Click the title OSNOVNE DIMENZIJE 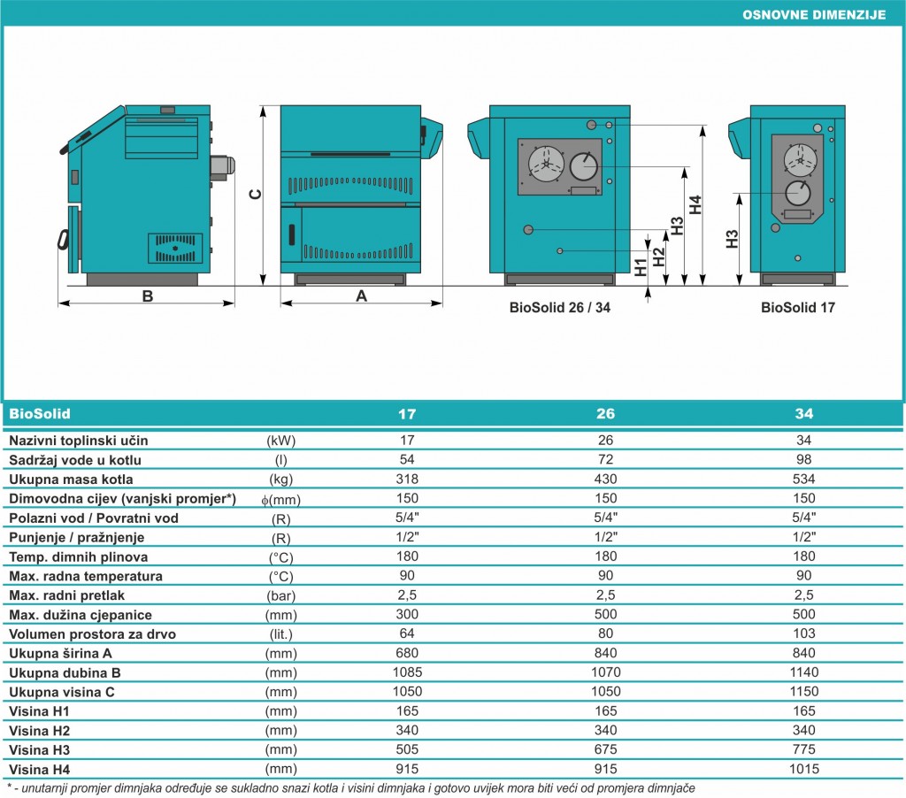pos(814,15)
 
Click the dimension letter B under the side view pos(148,295)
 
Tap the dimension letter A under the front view pos(362,295)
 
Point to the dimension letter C pos(255,195)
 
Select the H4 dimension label pos(695,204)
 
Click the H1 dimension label pos(641,267)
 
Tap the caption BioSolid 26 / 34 pos(559,307)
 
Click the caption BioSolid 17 pos(798,307)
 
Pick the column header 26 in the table pos(605,414)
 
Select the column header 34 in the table pos(803,414)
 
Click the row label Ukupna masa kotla pos(71,479)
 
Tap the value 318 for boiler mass pos(407,479)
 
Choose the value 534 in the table pos(803,479)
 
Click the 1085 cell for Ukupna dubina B pos(407,672)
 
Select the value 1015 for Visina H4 pos(803,769)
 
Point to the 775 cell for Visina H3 pos(803,749)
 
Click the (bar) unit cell pos(280,595)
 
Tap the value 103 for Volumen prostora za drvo pos(803,633)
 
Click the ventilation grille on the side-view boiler pos(175,248)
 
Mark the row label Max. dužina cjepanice pos(81,615)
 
